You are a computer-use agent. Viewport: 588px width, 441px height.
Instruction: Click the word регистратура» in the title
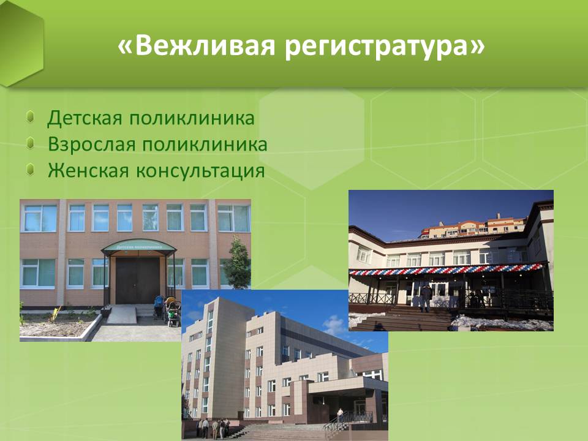[x=385, y=47]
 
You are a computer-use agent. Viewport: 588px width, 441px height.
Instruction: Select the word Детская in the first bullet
[x=85, y=118]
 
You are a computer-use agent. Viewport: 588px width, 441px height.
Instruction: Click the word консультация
[x=201, y=171]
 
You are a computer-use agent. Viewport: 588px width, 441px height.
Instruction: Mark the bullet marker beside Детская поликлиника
[x=31, y=116]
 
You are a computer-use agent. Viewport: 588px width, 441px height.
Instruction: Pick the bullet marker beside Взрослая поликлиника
[x=31, y=143]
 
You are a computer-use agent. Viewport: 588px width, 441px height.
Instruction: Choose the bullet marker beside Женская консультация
[x=31, y=170]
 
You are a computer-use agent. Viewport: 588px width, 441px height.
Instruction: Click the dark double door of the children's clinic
[x=138, y=281]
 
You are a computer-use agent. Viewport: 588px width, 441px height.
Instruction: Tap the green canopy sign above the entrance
[x=139, y=246]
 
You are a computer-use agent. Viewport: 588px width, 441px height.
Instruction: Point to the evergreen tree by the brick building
[x=237, y=263]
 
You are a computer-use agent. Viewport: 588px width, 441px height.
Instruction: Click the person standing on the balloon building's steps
[x=426, y=298]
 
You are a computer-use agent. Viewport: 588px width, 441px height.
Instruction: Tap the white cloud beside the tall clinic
[x=334, y=325]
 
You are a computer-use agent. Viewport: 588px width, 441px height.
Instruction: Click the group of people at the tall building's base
[x=213, y=428]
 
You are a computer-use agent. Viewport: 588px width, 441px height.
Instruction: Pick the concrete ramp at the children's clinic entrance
[x=123, y=315]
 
